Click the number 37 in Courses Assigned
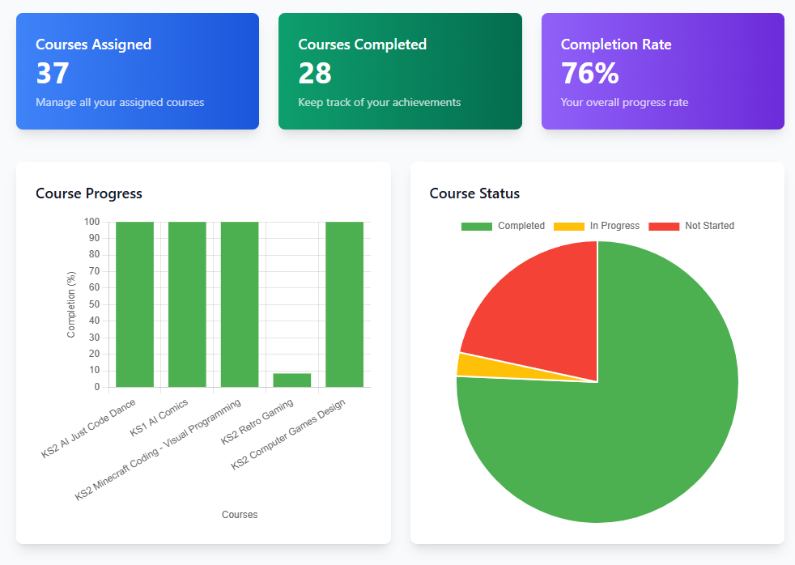[x=53, y=74]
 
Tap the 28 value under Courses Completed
[x=315, y=74]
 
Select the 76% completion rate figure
[x=589, y=74]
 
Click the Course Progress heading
[x=89, y=193]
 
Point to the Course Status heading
[x=474, y=193]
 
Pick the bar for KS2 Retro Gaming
[x=292, y=380]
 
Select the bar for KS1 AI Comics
[x=187, y=304]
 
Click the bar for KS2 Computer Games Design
[x=344, y=304]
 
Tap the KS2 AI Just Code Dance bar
[x=134, y=304]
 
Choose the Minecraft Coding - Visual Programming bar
[x=240, y=304]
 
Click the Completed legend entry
[x=503, y=226]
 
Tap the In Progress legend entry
[x=597, y=226]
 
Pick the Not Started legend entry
[x=691, y=226]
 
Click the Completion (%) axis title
[x=71, y=304]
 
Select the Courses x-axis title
[x=240, y=515]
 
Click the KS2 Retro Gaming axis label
[x=257, y=421]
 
